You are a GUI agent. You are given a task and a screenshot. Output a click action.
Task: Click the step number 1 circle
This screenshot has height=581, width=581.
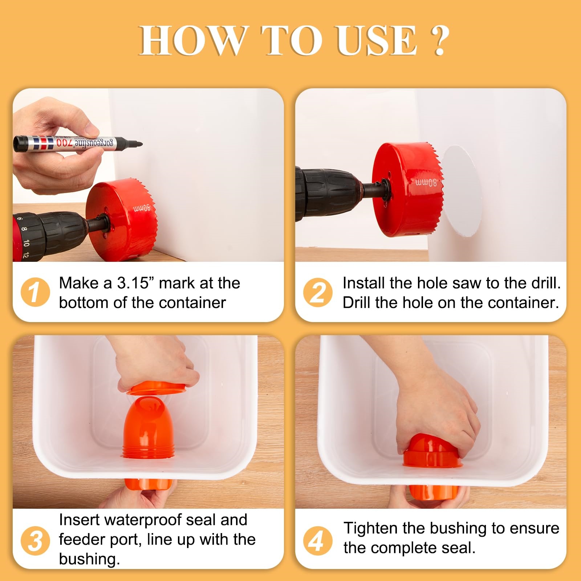point(35,292)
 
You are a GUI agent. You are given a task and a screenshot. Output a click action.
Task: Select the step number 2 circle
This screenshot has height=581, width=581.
point(318,292)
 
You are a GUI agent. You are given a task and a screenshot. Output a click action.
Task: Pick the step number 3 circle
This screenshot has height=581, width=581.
point(35,541)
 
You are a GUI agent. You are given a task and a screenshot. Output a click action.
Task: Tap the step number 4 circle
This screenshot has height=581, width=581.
point(318,541)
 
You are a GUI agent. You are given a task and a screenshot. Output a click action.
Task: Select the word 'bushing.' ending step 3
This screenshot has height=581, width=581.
point(89,560)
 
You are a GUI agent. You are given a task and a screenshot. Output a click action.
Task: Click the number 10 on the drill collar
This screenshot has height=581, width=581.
point(26,243)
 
